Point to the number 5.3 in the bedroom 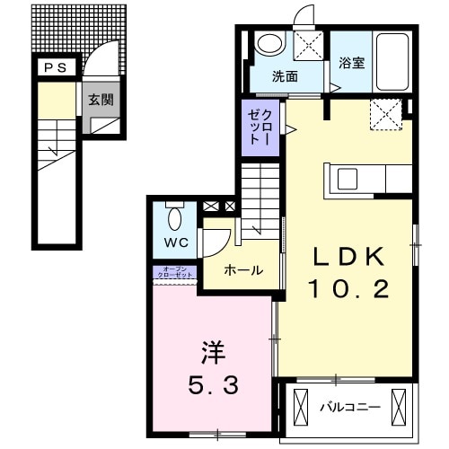[x=213, y=387]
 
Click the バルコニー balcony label [x=350, y=408]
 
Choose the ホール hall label [x=242, y=269]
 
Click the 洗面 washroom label [x=285, y=77]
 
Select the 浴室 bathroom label [x=351, y=63]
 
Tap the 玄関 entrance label [x=100, y=100]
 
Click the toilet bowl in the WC [x=175, y=216]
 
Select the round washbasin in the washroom [x=269, y=43]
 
